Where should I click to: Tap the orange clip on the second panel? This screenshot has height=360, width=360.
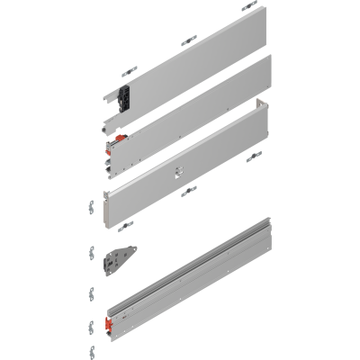(117, 140)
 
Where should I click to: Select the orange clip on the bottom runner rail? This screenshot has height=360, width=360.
(109, 321)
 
